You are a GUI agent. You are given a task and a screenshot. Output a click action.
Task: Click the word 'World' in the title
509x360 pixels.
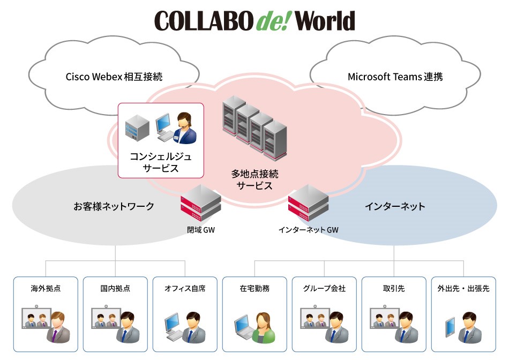pyautogui.click(x=325, y=21)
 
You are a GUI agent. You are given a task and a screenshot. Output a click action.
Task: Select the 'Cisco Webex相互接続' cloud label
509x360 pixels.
pyautogui.click(x=114, y=77)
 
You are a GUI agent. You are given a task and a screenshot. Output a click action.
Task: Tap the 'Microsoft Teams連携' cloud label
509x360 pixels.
pyautogui.click(x=395, y=77)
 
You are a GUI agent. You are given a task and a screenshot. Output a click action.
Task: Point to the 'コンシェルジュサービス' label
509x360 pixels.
pyautogui.click(x=160, y=162)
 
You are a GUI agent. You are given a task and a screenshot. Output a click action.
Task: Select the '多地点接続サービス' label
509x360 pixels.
pyautogui.click(x=254, y=180)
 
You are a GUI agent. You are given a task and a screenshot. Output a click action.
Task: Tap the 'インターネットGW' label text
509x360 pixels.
pyautogui.click(x=308, y=230)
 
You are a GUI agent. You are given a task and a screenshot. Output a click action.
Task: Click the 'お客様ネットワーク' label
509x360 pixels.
pyautogui.click(x=114, y=206)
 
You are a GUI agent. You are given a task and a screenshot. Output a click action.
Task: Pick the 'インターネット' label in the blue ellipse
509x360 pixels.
pyautogui.click(x=395, y=206)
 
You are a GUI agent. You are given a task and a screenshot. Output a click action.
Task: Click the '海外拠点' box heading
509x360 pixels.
pyautogui.click(x=46, y=288)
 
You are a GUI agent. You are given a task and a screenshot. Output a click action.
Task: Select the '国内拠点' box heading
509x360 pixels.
pyautogui.click(x=115, y=288)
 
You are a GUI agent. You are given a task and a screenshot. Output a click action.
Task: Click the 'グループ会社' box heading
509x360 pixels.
pyautogui.click(x=324, y=288)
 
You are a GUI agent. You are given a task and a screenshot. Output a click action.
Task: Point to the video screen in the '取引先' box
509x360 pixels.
pyautogui.click(x=382, y=319)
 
